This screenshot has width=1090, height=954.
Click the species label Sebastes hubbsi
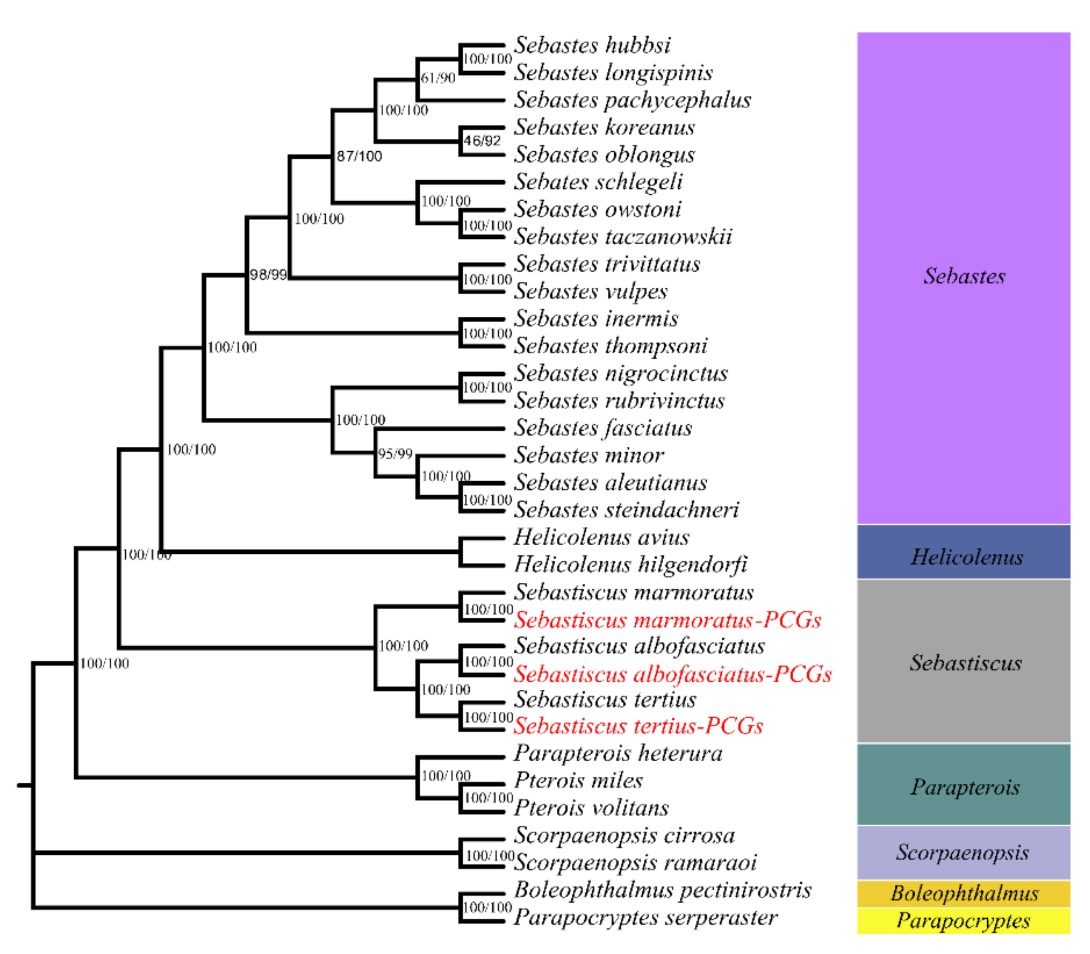point(592,46)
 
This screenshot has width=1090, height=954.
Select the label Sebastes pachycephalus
point(632,101)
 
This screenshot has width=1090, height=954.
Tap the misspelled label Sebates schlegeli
point(598,182)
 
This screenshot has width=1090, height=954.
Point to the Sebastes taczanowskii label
point(622,237)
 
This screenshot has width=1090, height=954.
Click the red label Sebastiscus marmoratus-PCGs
point(667,620)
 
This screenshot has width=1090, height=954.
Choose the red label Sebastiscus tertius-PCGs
point(638,726)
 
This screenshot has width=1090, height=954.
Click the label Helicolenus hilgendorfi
point(630,565)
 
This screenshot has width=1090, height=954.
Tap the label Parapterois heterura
point(618,754)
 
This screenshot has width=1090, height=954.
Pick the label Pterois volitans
point(591,808)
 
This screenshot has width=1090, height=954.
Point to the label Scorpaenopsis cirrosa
point(624,836)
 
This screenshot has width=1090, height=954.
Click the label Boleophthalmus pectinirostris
point(662,890)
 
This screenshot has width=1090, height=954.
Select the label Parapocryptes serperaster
point(645,918)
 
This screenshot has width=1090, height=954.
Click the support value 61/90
point(438,79)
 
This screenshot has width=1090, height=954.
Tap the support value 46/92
point(482,141)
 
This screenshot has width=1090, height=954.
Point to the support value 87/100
point(359,156)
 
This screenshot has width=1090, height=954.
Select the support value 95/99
point(395,454)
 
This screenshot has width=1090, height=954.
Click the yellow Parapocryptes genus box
point(963,921)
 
